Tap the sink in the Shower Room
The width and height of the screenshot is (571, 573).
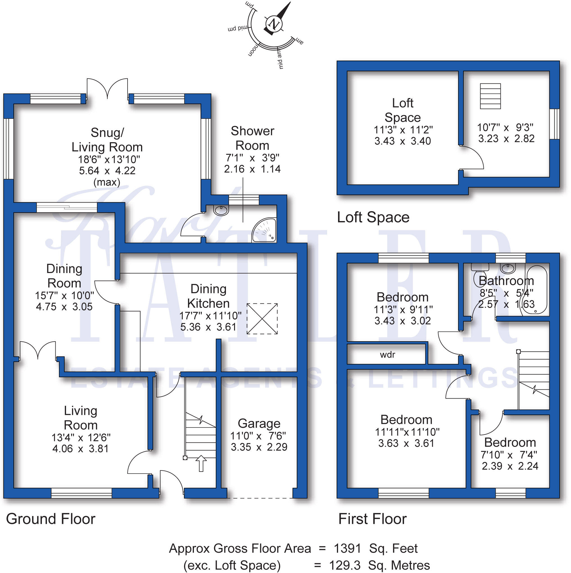point(221,210)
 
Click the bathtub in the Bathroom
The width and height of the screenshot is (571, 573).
point(536,290)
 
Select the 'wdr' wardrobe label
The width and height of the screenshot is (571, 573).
point(387,355)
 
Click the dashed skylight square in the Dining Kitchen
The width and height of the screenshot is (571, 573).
point(262,319)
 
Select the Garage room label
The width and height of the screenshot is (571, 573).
point(259,424)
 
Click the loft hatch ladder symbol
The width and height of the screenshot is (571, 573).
point(490,96)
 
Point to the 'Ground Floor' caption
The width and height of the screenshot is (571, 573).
point(51,519)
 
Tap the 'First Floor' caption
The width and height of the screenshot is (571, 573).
point(372,519)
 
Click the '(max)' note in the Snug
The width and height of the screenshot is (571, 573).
point(107,182)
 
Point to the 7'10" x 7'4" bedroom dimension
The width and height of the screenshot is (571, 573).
point(509,455)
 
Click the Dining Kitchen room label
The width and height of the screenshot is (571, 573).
point(208,296)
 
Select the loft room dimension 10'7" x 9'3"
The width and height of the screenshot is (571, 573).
point(505,128)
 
